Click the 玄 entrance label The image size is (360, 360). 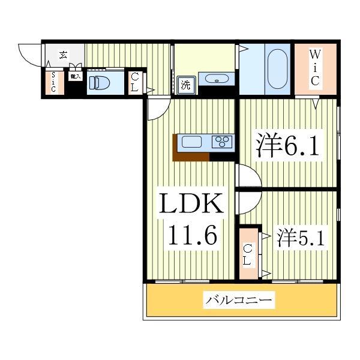63,55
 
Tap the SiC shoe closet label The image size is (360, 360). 53,82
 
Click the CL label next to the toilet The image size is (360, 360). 135,82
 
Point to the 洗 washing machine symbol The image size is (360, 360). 185,85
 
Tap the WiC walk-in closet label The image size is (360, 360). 314,68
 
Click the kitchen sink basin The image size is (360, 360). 193,142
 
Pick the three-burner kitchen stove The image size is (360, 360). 222,142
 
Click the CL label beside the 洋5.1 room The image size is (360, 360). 247,254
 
